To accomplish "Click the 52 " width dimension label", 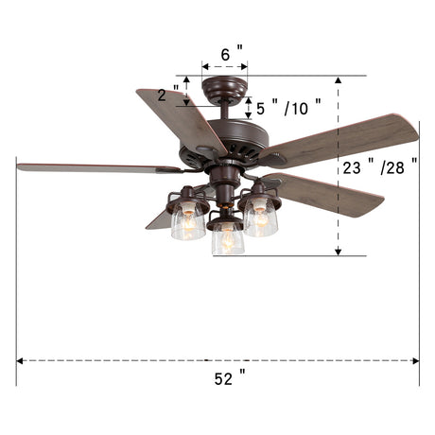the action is point(230,377).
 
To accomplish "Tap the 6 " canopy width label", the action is point(232,54).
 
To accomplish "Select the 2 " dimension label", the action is point(168,94).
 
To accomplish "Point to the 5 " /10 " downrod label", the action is point(288,108).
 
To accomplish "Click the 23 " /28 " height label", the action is point(380,166).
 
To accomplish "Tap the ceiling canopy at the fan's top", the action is point(224,88).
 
